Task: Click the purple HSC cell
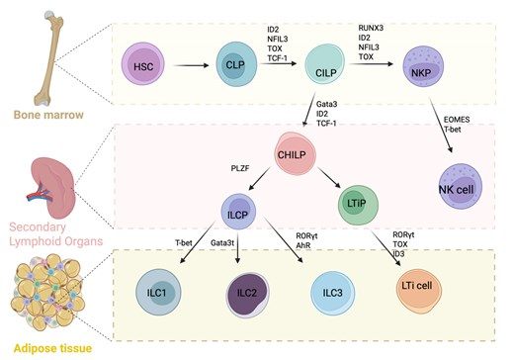(143, 63)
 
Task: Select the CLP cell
(236, 64)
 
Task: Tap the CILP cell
(325, 64)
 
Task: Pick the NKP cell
(423, 66)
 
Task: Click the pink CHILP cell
(295, 153)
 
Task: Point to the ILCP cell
(238, 212)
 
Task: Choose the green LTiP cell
(358, 205)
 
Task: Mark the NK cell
(461, 186)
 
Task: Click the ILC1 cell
(158, 292)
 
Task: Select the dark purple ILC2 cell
(247, 295)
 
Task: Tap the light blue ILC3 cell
(333, 293)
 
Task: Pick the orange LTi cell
(419, 291)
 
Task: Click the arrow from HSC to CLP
(191, 65)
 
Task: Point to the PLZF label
(240, 168)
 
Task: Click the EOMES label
(457, 120)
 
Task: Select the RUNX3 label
(371, 28)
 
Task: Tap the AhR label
(303, 245)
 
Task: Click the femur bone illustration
(48, 58)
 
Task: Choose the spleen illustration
(52, 188)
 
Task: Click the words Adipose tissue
(52, 348)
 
